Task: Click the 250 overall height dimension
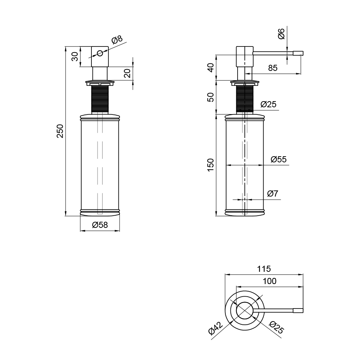(60, 131)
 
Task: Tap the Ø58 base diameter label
(100, 225)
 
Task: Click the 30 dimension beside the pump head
(75, 57)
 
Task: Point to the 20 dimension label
(127, 73)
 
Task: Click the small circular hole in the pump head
(100, 53)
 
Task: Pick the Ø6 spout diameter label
(281, 34)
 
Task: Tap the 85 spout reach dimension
(273, 68)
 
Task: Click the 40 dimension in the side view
(211, 68)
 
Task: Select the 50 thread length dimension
(211, 97)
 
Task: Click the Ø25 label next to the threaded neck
(269, 104)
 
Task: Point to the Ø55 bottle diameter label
(279, 159)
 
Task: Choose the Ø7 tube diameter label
(273, 194)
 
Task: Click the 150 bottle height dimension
(211, 165)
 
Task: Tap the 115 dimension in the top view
(264, 269)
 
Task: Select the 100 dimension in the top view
(270, 281)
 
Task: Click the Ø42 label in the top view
(215, 328)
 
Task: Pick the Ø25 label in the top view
(276, 328)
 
